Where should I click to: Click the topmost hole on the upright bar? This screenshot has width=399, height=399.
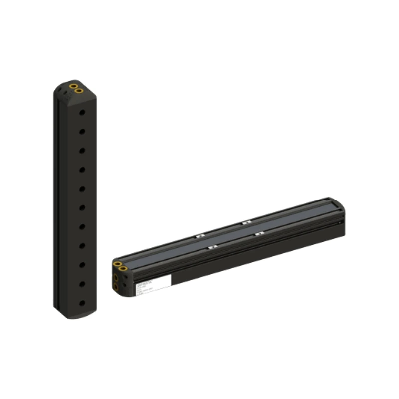(82, 113)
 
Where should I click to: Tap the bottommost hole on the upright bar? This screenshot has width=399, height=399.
(82, 303)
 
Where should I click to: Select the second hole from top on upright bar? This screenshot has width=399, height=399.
(82, 132)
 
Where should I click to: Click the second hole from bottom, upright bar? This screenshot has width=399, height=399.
(82, 284)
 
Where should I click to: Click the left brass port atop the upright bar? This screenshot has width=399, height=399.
(73, 87)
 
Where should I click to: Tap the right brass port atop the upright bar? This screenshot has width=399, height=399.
(79, 91)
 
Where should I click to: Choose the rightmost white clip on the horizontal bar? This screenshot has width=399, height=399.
(259, 233)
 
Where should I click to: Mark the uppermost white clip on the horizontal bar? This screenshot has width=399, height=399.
(245, 222)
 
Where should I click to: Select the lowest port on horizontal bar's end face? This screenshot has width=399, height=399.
(116, 287)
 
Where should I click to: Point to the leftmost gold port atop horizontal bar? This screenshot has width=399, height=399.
(117, 264)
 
